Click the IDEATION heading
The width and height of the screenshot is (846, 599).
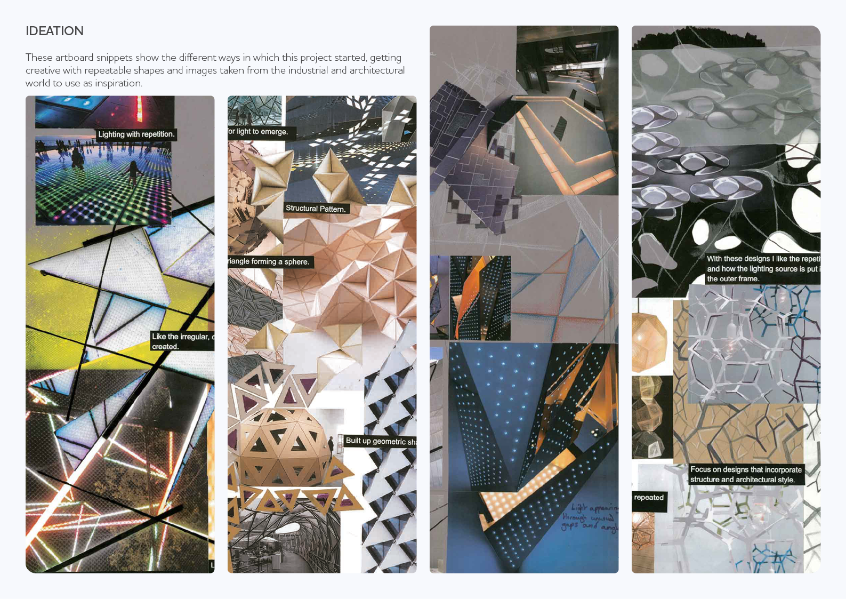click(54, 31)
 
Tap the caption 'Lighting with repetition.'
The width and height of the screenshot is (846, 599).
click(136, 134)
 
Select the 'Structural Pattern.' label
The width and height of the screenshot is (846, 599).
click(316, 209)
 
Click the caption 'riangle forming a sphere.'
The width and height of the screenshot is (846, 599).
click(270, 261)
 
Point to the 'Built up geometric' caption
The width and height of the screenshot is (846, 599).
click(380, 441)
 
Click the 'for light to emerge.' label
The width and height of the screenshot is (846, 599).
click(259, 132)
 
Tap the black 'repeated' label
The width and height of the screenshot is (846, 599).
click(649, 498)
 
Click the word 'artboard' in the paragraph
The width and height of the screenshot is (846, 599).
click(74, 58)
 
